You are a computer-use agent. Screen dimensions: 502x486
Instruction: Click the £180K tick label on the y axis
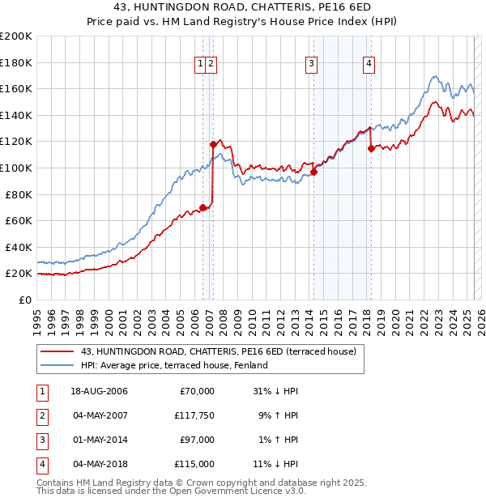[x=16, y=62]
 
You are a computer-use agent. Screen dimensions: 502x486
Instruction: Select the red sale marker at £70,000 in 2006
[x=202, y=207]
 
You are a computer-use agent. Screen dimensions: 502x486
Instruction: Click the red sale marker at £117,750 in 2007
[x=213, y=144]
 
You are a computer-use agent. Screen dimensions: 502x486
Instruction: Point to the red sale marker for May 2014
[x=313, y=172]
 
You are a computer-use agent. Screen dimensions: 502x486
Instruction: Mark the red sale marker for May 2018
[x=371, y=148]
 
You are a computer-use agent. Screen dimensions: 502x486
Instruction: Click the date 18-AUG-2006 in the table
[x=99, y=391]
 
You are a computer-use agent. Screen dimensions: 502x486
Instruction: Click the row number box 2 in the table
[x=40, y=415]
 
